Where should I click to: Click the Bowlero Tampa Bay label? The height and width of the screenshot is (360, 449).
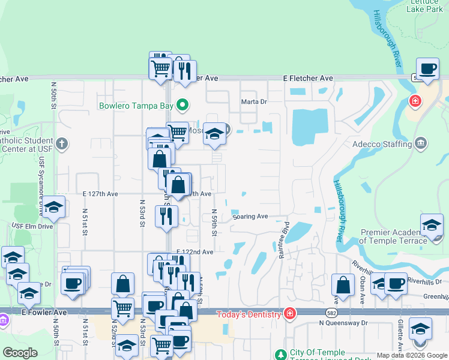pos(136,106)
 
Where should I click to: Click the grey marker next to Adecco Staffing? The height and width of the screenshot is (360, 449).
pos(420,143)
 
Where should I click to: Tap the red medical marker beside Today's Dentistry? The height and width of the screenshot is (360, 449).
pos(290,313)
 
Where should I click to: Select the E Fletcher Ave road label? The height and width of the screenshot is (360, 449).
pos(308,79)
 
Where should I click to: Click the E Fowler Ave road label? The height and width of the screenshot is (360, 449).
pos(29,313)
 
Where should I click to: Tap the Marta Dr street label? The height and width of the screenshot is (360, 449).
pos(253,101)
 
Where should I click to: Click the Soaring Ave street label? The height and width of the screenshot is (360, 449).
pos(250,216)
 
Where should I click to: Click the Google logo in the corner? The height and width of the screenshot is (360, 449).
pos(20,353)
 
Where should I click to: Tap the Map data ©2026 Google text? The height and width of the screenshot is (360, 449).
pos(412,355)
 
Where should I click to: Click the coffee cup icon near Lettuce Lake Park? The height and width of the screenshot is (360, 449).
pos(427,70)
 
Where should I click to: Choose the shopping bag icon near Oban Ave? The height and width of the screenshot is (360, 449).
pos(342,284)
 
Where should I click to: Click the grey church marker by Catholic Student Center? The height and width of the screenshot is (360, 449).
pos(62,143)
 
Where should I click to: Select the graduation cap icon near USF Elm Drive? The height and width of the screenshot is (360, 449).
pos(54,208)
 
